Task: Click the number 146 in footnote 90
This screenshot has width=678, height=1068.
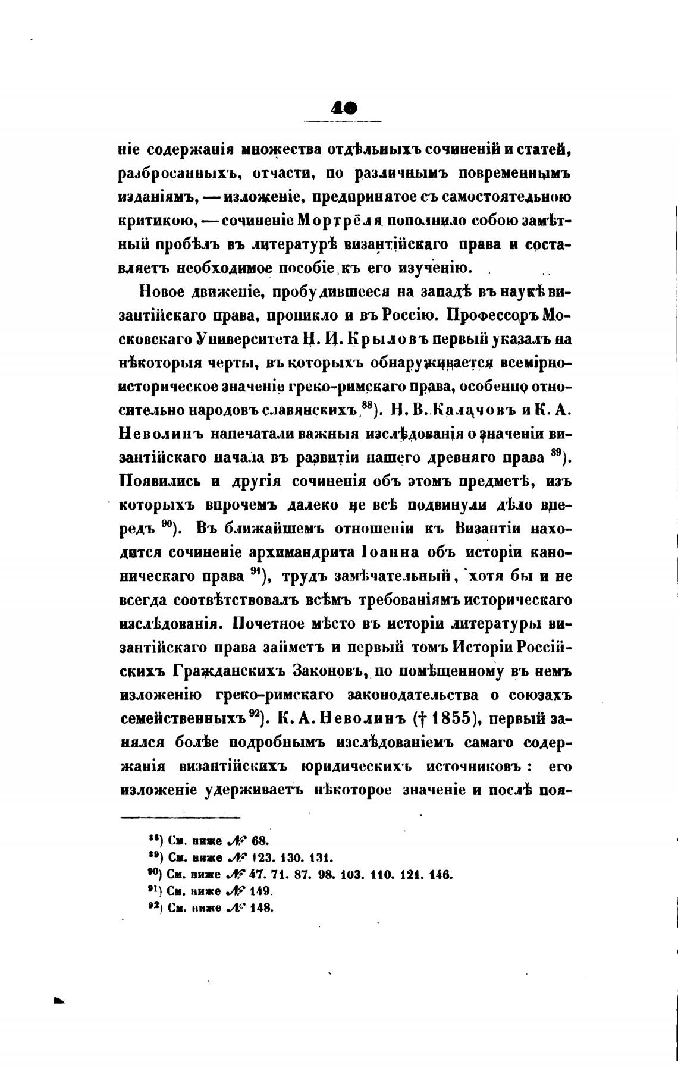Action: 442,875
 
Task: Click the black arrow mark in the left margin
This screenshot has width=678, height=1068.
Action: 58,1000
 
